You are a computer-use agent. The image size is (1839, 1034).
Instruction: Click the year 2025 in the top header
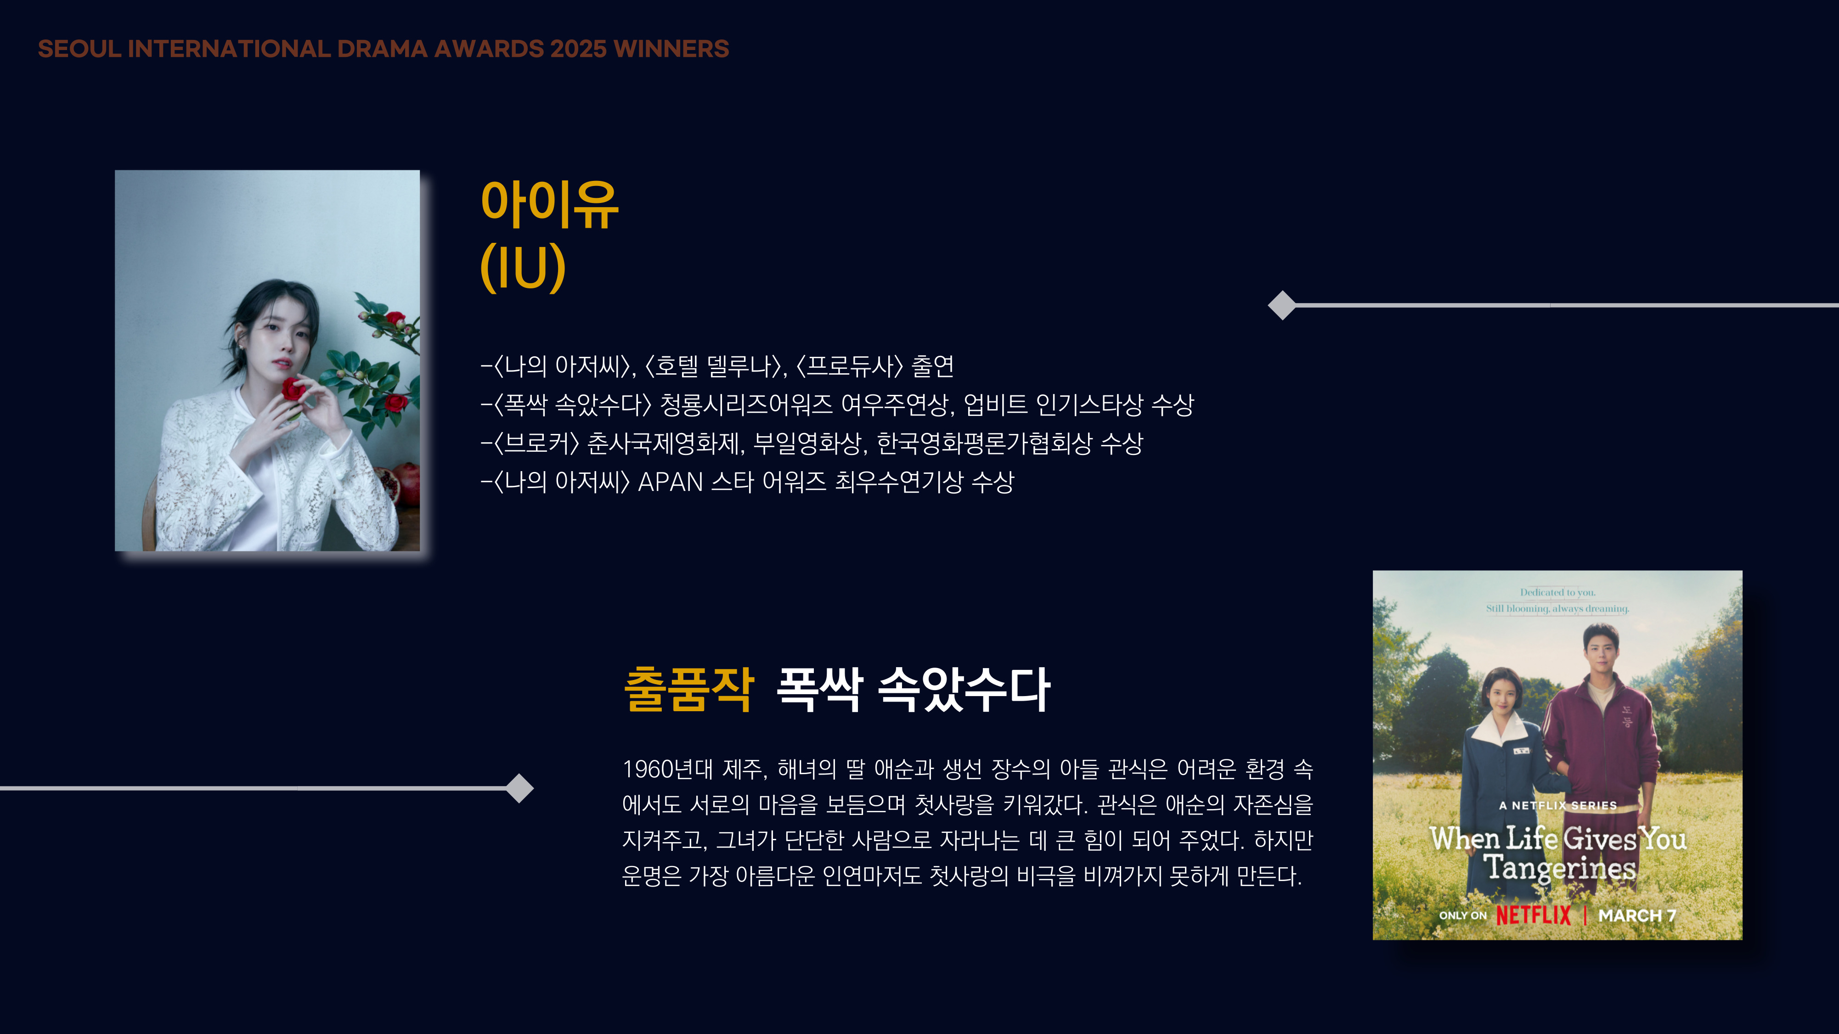(x=578, y=49)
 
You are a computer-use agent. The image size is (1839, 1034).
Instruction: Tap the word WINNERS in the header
(x=671, y=49)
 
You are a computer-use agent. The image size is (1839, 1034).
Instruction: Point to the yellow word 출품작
(x=689, y=689)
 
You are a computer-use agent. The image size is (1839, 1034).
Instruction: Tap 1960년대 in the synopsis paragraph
(x=667, y=769)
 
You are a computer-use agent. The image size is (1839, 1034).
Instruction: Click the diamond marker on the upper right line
(x=1282, y=305)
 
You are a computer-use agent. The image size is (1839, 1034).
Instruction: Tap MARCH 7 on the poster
(x=1637, y=916)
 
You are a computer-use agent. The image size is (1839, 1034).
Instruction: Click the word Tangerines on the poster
(x=1560, y=868)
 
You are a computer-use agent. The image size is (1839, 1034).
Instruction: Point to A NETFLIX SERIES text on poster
(x=1558, y=806)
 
